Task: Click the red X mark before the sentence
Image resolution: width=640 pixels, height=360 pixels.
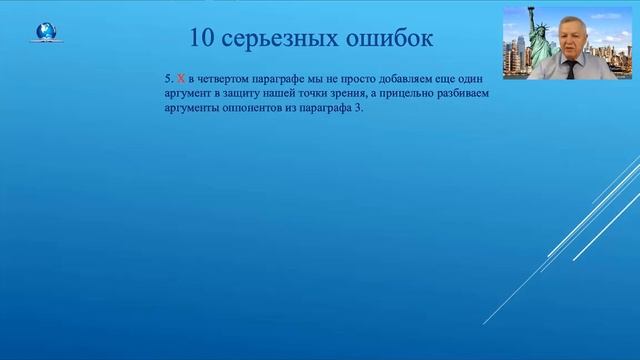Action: (181, 77)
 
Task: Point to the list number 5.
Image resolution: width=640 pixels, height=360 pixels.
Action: (168, 77)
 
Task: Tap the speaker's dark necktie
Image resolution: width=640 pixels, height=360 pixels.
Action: (570, 69)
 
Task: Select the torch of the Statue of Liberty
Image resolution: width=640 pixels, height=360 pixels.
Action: (537, 10)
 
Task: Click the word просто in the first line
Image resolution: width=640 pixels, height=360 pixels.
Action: (343, 77)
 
